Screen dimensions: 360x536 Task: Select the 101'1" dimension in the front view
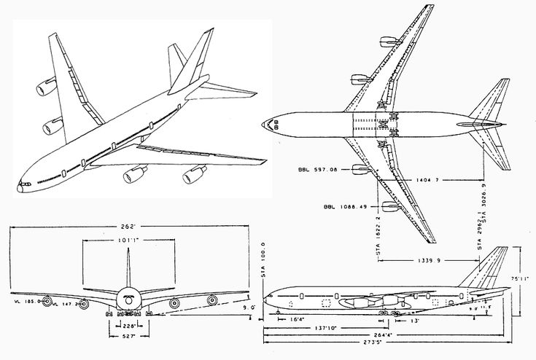[128, 238]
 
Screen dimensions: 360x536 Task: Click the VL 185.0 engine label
[21, 299]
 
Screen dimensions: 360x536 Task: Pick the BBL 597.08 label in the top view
[314, 171]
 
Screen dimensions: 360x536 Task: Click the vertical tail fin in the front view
[128, 270]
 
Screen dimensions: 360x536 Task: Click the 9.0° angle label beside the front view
[249, 308]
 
